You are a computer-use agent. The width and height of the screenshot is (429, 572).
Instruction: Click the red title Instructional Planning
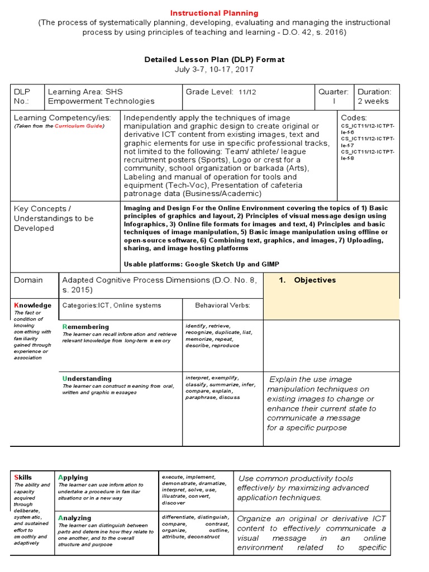[214, 13]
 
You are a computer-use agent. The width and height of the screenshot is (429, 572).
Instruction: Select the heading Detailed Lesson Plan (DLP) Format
[214, 59]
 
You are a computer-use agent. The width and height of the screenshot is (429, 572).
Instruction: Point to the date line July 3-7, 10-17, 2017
[214, 69]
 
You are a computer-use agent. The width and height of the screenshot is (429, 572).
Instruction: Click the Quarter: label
[333, 92]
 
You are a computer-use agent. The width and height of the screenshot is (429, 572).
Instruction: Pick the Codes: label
[354, 118]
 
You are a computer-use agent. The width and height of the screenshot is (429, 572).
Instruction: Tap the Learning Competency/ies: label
[63, 118]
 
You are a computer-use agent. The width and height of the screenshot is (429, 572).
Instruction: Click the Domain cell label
[28, 280]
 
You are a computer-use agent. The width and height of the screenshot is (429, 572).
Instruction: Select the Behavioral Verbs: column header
[222, 306]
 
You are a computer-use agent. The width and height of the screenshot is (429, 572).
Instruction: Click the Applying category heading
[73, 477]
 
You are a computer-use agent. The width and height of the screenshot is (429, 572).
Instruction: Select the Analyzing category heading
[74, 518]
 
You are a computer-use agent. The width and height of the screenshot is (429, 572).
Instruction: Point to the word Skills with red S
[23, 478]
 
